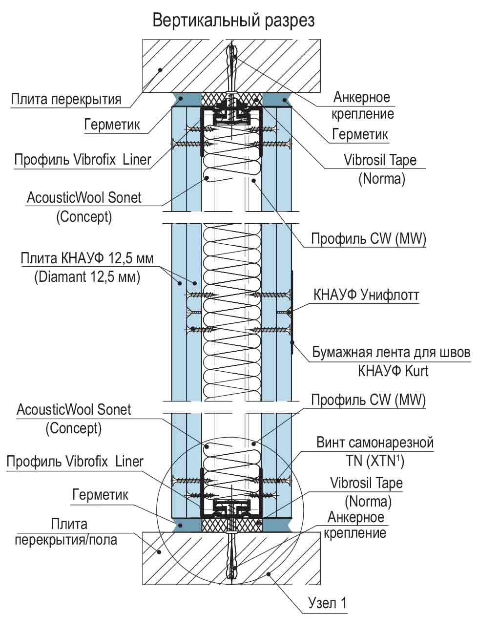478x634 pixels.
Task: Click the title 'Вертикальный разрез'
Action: pyautogui.click(x=233, y=21)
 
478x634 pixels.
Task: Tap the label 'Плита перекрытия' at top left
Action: pyautogui.click(x=66, y=100)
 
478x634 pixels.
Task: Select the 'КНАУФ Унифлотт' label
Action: pyautogui.click(x=366, y=295)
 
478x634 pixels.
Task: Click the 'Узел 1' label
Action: pyautogui.click(x=327, y=603)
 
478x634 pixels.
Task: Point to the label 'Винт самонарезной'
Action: pyautogui.click(x=374, y=443)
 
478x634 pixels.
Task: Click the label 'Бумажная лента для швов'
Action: pyautogui.click(x=391, y=352)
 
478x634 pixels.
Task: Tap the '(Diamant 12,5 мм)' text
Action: pyautogui.click(x=87, y=277)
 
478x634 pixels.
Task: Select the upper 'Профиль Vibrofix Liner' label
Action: pyautogui.click(x=83, y=160)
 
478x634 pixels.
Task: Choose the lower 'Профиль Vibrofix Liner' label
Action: pyautogui.click(x=75, y=462)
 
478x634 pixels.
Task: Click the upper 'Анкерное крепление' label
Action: pyautogui.click(x=362, y=105)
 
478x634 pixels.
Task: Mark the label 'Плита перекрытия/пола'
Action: pyautogui.click(x=66, y=532)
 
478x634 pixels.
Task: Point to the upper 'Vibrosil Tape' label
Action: pyautogui.click(x=380, y=160)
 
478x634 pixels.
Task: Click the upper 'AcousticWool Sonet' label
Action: pyautogui.click(x=83, y=198)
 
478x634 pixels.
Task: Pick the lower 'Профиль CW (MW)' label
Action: pyautogui.click(x=368, y=400)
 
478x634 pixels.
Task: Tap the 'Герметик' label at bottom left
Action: pyautogui.click(x=100, y=494)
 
